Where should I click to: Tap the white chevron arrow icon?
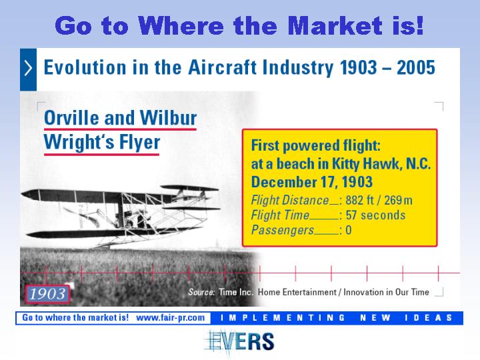point(28,68)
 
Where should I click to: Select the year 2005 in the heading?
point(416,67)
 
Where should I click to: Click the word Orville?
point(72,118)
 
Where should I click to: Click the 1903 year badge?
point(47,294)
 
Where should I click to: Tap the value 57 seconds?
point(375,215)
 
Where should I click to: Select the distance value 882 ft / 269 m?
point(379,200)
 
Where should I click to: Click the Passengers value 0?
point(349,230)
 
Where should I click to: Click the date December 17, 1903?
point(311,182)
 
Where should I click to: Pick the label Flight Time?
point(280,215)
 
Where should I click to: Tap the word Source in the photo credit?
point(201,292)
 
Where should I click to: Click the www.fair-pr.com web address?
point(171,317)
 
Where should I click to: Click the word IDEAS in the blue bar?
point(429,318)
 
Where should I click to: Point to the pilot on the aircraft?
point(125,219)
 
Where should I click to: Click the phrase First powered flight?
point(315,146)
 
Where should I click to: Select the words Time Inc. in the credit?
point(236,292)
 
